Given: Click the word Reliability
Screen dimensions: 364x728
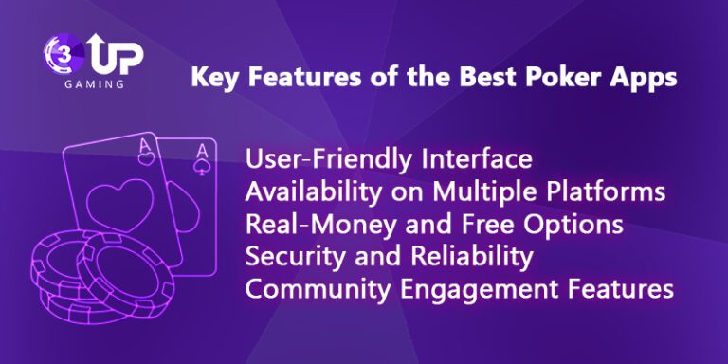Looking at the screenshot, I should [x=459, y=258].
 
